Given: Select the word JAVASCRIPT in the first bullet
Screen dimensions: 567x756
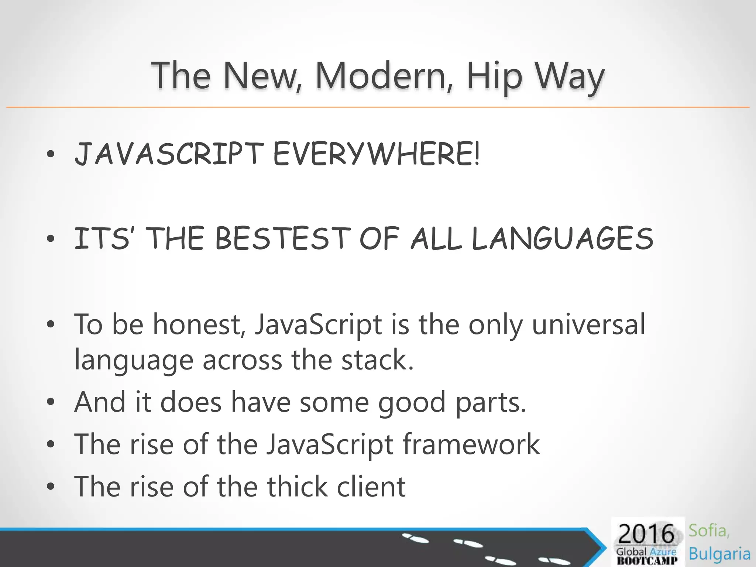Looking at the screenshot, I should coord(169,154).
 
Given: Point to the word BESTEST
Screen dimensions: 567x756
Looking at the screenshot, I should coord(282,238).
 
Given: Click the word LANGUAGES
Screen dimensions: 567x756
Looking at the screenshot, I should coord(563,238).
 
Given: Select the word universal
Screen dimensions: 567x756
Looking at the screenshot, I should coord(589,324).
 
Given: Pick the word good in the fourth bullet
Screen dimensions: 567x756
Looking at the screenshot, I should coord(412,402).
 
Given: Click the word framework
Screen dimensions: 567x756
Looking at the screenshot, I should coord(471,444).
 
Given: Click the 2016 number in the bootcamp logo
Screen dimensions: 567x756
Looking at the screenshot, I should coord(646,534).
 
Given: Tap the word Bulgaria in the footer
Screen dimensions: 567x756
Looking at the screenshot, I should coord(719,554).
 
